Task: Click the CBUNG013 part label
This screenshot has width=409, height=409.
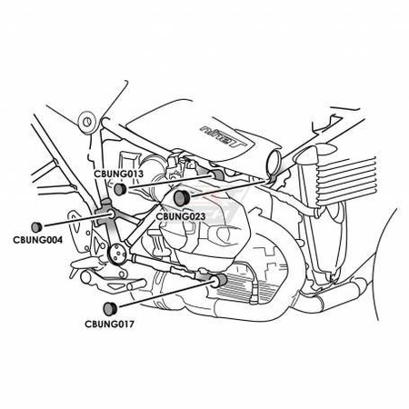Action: point(118,175)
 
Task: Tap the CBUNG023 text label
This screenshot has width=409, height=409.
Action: point(181,216)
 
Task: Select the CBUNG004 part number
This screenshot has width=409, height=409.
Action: point(38,240)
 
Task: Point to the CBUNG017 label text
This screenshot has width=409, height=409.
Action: point(109,324)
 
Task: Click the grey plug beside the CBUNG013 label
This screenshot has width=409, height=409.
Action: point(120,189)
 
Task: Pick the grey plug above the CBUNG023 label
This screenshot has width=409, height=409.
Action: point(182,197)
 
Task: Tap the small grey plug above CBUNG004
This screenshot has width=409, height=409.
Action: point(36,226)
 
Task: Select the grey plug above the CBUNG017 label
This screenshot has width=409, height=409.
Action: point(109,308)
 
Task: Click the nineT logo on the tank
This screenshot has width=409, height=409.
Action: point(224,135)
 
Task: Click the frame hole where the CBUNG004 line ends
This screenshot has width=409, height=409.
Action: point(111,214)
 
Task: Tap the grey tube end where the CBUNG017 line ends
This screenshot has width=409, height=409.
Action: point(219,281)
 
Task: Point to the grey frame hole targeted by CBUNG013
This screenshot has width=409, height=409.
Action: point(217,175)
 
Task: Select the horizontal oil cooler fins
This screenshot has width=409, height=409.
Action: point(345,180)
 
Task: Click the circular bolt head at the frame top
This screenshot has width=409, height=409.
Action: point(87,122)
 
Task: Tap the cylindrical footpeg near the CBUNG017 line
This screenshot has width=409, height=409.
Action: point(135,285)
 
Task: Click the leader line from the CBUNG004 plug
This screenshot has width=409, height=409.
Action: point(75,220)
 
